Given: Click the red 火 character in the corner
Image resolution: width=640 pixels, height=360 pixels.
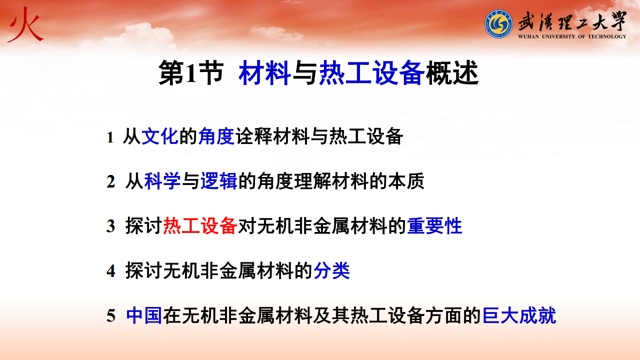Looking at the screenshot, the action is [25, 24].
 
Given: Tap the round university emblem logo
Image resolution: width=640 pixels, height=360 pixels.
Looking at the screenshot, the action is [498, 24].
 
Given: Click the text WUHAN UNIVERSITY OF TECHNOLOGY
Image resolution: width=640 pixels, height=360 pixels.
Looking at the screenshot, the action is [572, 36].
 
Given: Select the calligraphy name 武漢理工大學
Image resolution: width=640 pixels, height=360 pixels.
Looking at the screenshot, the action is [572, 21].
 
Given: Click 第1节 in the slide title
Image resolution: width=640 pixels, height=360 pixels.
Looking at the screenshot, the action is [191, 73].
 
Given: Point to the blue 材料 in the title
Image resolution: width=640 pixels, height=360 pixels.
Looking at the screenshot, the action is [265, 73].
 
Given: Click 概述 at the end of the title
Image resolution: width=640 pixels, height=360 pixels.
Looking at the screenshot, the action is [452, 73].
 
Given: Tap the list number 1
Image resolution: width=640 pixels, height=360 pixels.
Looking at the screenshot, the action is [110, 137].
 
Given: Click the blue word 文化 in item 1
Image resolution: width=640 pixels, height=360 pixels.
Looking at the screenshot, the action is [160, 136].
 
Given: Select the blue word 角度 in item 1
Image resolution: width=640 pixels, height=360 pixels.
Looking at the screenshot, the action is [216, 136].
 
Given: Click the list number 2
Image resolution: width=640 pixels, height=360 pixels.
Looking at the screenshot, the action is [111, 181].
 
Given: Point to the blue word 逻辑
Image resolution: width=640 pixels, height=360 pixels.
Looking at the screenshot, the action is [219, 181].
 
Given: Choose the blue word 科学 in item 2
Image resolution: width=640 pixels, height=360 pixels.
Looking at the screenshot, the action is [162, 181].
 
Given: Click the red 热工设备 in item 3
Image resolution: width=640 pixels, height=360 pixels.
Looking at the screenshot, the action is [200, 226].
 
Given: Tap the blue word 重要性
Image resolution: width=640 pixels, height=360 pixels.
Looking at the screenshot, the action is [434, 226].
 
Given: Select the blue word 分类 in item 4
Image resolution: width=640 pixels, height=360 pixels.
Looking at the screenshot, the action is [331, 270].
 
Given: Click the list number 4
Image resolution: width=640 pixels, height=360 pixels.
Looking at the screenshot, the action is [111, 271].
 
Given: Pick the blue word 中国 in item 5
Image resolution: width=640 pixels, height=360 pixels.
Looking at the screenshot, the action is [144, 315].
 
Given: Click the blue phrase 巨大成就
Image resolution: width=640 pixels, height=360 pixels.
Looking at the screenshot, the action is [519, 315].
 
